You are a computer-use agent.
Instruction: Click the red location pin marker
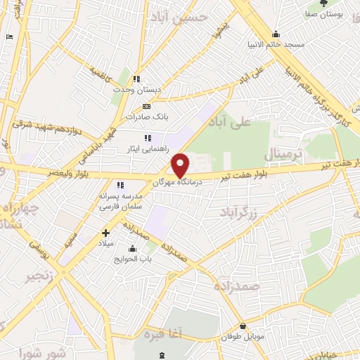pyautogui.click(x=181, y=165)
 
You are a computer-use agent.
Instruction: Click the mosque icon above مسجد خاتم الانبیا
pyautogui.click(x=276, y=34)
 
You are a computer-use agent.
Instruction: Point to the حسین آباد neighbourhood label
pyautogui.click(x=185, y=16)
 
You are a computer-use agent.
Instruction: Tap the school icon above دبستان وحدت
pyautogui.click(x=137, y=78)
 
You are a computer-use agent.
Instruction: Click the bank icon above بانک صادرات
pyautogui.click(x=146, y=106)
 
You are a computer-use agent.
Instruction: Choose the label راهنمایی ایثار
pyautogui.click(x=148, y=148)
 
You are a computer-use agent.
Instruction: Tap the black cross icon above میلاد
pyautogui.click(x=105, y=233)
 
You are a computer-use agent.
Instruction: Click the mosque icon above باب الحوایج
pyautogui.click(x=132, y=248)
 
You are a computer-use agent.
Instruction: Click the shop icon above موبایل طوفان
pyautogui.click(x=243, y=326)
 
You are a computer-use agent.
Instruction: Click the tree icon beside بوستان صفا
pyautogui.click(x=323, y=7)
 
